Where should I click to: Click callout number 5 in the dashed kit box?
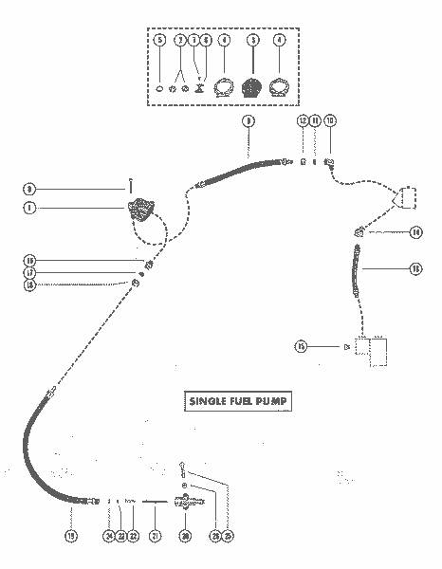point(159,41)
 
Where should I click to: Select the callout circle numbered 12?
point(303,121)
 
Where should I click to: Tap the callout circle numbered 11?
point(316,121)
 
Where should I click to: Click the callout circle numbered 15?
point(300,347)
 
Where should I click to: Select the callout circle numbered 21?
point(156,537)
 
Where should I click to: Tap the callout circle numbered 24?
point(109,537)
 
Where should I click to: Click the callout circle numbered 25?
point(228,537)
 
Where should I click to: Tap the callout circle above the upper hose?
point(249,121)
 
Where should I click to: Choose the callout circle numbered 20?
point(186,537)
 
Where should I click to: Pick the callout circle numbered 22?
point(133,537)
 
